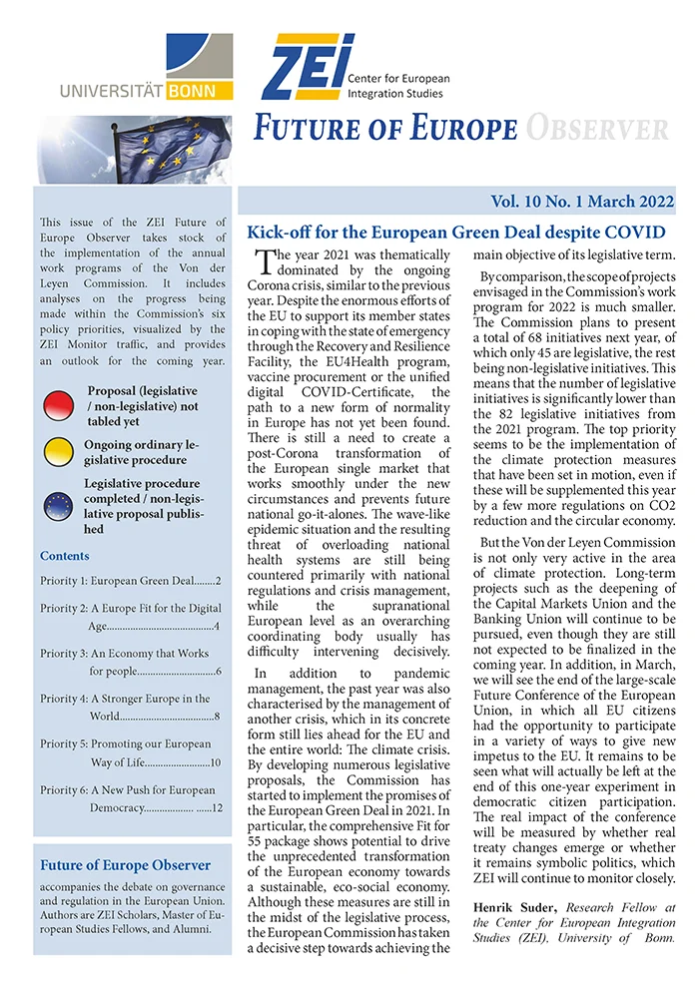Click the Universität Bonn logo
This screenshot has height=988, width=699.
tap(147, 70)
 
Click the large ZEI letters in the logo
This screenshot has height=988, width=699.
tap(307, 67)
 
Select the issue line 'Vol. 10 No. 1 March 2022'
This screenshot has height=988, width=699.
tap(582, 202)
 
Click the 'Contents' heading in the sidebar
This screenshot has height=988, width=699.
tap(65, 556)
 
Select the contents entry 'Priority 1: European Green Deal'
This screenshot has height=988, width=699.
tap(130, 580)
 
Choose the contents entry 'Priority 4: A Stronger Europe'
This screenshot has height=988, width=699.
tap(126, 699)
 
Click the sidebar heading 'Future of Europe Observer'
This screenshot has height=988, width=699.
tap(125, 865)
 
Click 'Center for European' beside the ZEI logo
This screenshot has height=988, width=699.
tap(398, 79)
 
